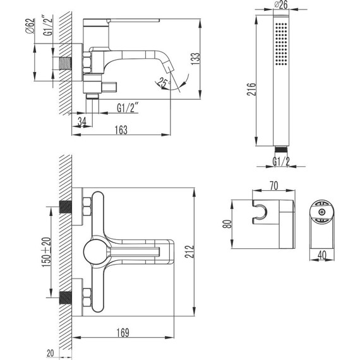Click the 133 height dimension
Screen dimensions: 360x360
pos(195,59)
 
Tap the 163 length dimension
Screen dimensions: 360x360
pos(121,130)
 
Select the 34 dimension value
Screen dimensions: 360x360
pos(81,122)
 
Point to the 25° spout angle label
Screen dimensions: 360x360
pos(164,83)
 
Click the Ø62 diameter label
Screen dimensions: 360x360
pos(30,26)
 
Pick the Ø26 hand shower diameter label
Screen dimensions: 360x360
pos(281,5)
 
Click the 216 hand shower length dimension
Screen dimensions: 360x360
pos(251,89)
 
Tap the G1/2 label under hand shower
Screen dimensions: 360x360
pos(281,162)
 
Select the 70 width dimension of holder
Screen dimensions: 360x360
pos(273,186)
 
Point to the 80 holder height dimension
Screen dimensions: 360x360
pos(227,224)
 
